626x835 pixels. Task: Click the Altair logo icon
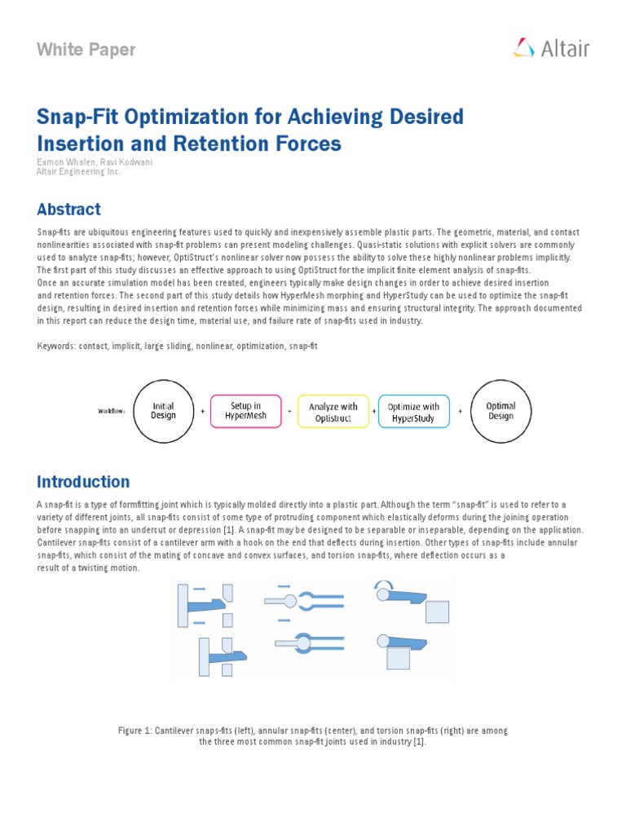[x=523, y=48]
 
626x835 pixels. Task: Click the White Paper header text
[x=86, y=50]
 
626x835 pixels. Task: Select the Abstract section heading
[x=68, y=210]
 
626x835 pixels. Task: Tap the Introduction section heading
[x=82, y=482]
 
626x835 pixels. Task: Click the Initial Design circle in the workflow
[x=164, y=411]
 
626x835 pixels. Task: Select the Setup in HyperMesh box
[x=245, y=411]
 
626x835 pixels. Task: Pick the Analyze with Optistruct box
[x=333, y=412]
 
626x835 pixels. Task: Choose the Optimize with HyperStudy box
[x=413, y=412]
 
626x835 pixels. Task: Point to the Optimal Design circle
[x=500, y=411]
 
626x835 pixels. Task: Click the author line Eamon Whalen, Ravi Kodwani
[x=95, y=162]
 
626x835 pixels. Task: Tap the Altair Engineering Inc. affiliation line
[x=78, y=172]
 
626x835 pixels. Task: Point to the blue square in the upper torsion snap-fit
[x=437, y=612]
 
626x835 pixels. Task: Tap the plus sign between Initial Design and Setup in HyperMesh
[x=202, y=412]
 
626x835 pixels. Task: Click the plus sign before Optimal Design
[x=461, y=412]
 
